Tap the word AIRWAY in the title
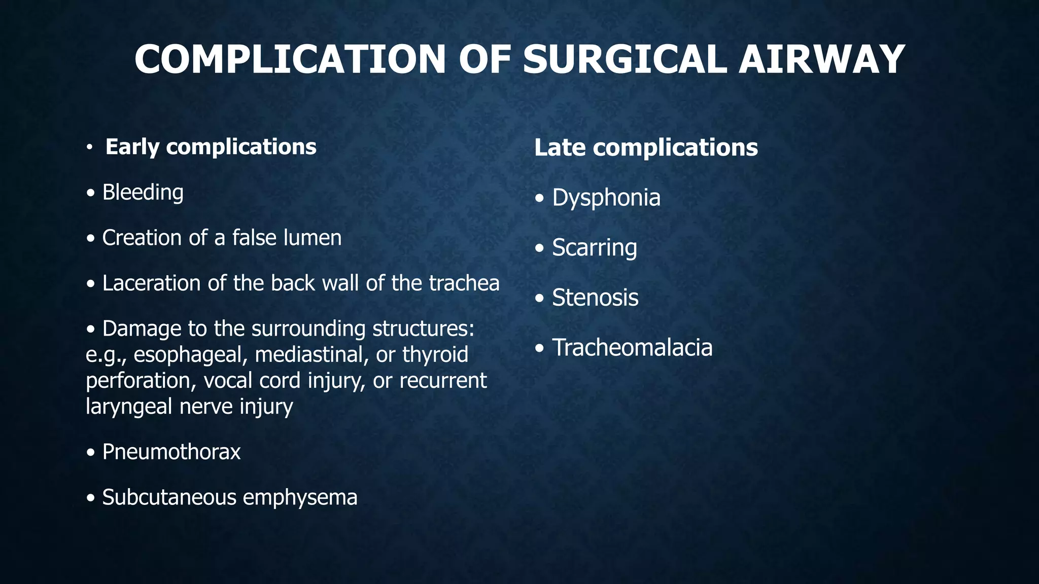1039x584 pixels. coord(821,59)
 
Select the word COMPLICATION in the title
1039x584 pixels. coord(290,59)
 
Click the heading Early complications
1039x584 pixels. coord(211,147)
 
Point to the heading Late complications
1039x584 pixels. coord(646,148)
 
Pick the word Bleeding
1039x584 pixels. coord(143,193)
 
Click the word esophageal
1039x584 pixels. coord(190,354)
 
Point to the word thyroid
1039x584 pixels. coord(435,354)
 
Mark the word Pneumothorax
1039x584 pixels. coord(171,452)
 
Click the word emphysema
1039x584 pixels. coord(300,498)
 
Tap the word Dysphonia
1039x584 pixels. coord(606,198)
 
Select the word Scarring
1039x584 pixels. coord(594,248)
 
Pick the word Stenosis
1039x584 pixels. coord(595,298)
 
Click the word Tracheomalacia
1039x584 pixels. coord(632,348)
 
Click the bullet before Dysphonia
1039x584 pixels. coord(540,198)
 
